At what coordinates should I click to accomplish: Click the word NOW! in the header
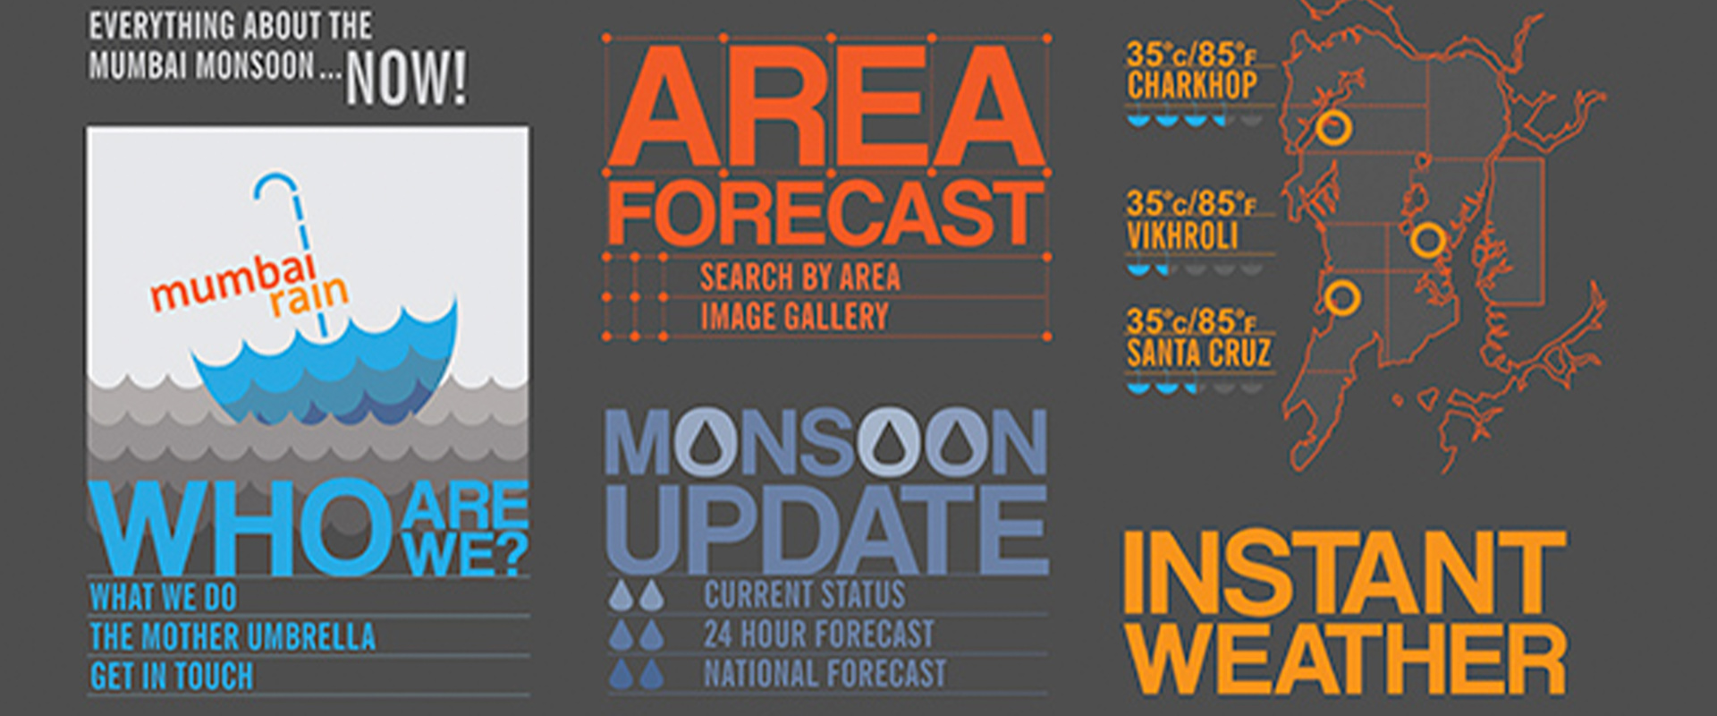tap(406, 78)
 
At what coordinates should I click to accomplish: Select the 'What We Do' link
tap(163, 597)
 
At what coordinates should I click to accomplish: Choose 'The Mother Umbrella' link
tap(233, 636)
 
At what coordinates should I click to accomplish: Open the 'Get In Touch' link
tap(172, 676)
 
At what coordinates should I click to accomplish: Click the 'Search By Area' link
tap(800, 277)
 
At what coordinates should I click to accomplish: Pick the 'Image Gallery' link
tap(794, 316)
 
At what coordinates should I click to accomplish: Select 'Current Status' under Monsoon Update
tap(804, 594)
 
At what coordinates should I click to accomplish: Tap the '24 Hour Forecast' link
tap(818, 634)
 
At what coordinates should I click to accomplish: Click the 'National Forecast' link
tap(825, 673)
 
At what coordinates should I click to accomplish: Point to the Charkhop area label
tap(1192, 86)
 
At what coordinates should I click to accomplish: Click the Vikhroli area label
tap(1182, 235)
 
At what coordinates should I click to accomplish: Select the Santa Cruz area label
tap(1198, 353)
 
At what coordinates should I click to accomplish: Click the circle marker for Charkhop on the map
tap(1333, 128)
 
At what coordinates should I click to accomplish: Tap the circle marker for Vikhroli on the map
tap(1427, 240)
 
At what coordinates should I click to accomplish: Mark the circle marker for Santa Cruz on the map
tap(1341, 297)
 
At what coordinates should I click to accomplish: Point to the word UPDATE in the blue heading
tap(827, 530)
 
